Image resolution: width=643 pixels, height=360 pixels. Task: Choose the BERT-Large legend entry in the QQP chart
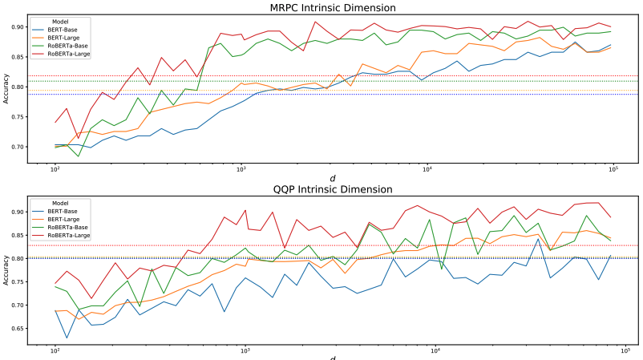coord(65,220)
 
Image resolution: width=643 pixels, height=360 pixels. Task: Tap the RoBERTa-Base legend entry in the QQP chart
coord(67,228)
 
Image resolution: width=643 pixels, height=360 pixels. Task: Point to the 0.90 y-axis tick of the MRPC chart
coord(18,27)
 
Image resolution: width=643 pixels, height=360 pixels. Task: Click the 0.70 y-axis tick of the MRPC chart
coord(18,147)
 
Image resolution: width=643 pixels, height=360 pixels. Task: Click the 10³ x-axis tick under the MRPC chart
coord(241,169)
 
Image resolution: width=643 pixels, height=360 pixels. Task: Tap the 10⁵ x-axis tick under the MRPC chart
coord(613,169)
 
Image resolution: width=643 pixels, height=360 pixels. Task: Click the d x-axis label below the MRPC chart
coord(331,178)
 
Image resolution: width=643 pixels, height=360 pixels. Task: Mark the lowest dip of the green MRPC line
coord(78,156)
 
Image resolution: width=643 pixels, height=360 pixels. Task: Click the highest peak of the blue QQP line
coord(538,239)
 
